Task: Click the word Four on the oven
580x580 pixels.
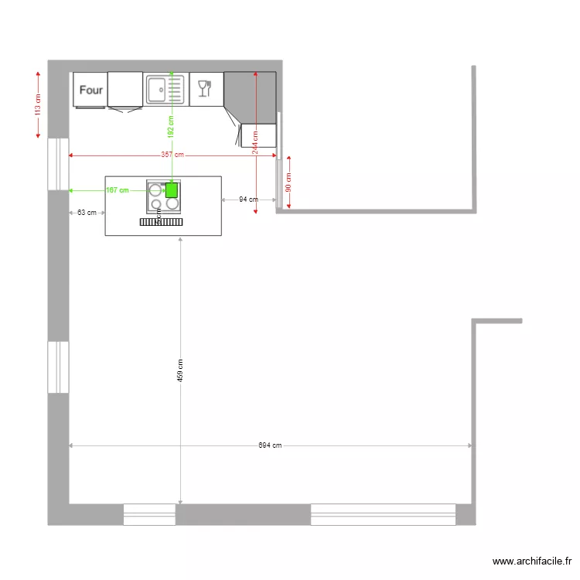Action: pyautogui.click(x=91, y=90)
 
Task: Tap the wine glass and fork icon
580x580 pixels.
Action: pyautogui.click(x=205, y=88)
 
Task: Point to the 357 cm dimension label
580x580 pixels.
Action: pyautogui.click(x=172, y=155)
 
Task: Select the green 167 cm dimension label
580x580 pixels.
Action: pyautogui.click(x=117, y=189)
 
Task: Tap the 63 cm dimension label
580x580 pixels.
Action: pyautogui.click(x=87, y=212)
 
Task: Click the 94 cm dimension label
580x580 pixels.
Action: pyautogui.click(x=247, y=200)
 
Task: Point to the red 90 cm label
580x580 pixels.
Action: pyautogui.click(x=288, y=183)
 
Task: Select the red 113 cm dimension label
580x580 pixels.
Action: pyautogui.click(x=38, y=104)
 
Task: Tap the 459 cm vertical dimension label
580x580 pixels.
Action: pyautogui.click(x=180, y=370)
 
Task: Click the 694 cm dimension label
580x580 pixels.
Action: pyautogui.click(x=270, y=445)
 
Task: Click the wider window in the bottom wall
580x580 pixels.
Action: pyautogui.click(x=383, y=514)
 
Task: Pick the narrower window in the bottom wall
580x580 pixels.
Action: pyautogui.click(x=149, y=514)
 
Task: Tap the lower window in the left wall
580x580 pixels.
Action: pyautogui.click(x=58, y=367)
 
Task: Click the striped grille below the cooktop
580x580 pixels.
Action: pyautogui.click(x=162, y=221)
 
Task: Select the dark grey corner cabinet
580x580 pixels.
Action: pyautogui.click(x=251, y=97)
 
